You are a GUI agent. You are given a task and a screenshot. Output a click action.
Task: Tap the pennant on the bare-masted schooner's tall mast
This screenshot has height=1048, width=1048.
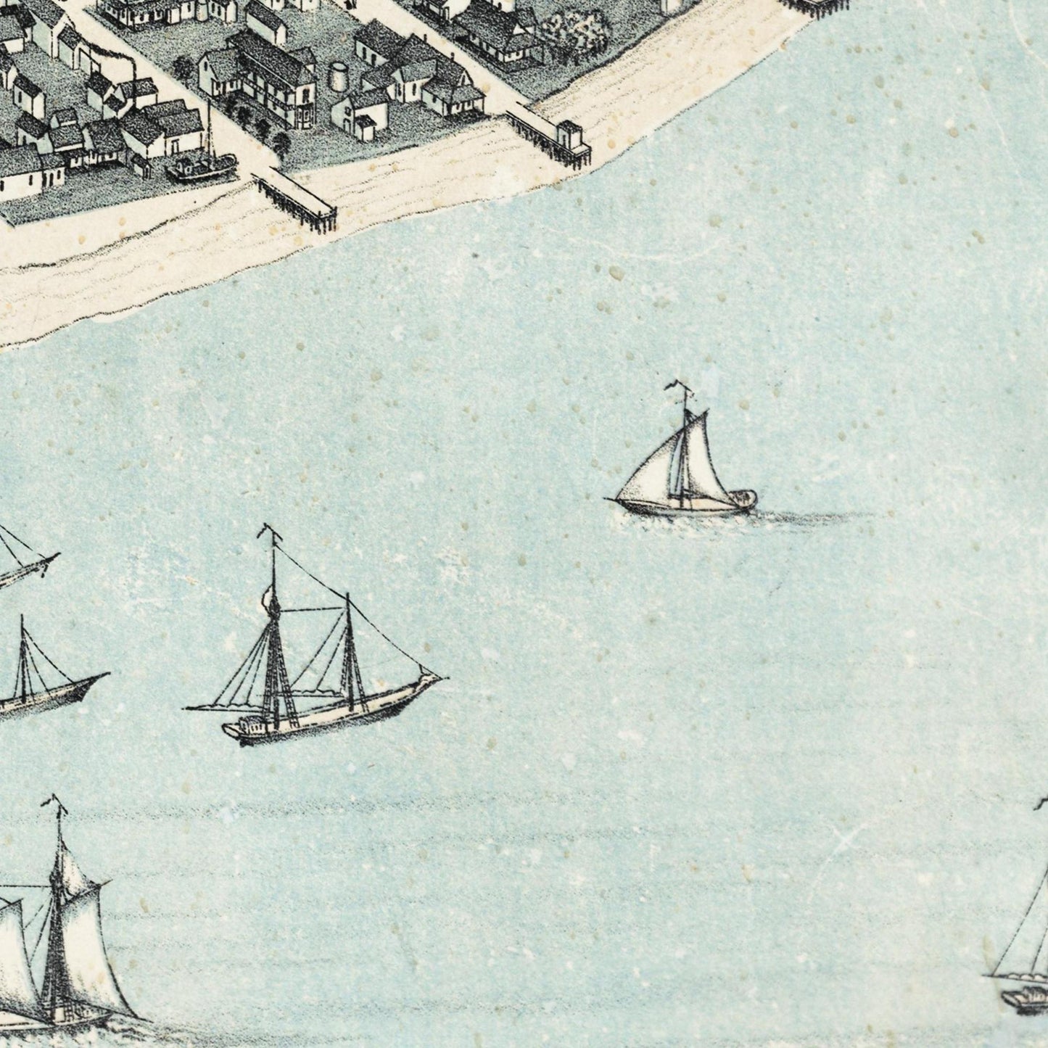271,533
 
